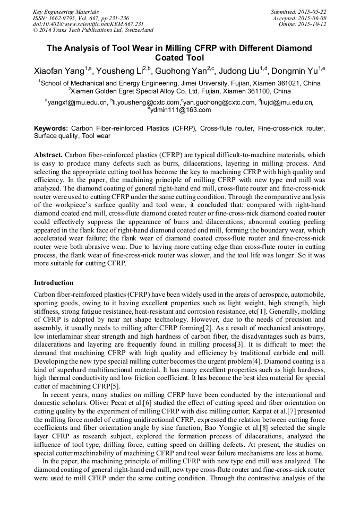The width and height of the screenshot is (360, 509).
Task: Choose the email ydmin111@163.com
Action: tap(181, 110)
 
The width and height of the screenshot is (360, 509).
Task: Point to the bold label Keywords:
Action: tap(51, 128)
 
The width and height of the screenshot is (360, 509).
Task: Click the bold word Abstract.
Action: tap(48, 154)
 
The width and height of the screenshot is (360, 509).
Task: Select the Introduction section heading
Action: tap(54, 283)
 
